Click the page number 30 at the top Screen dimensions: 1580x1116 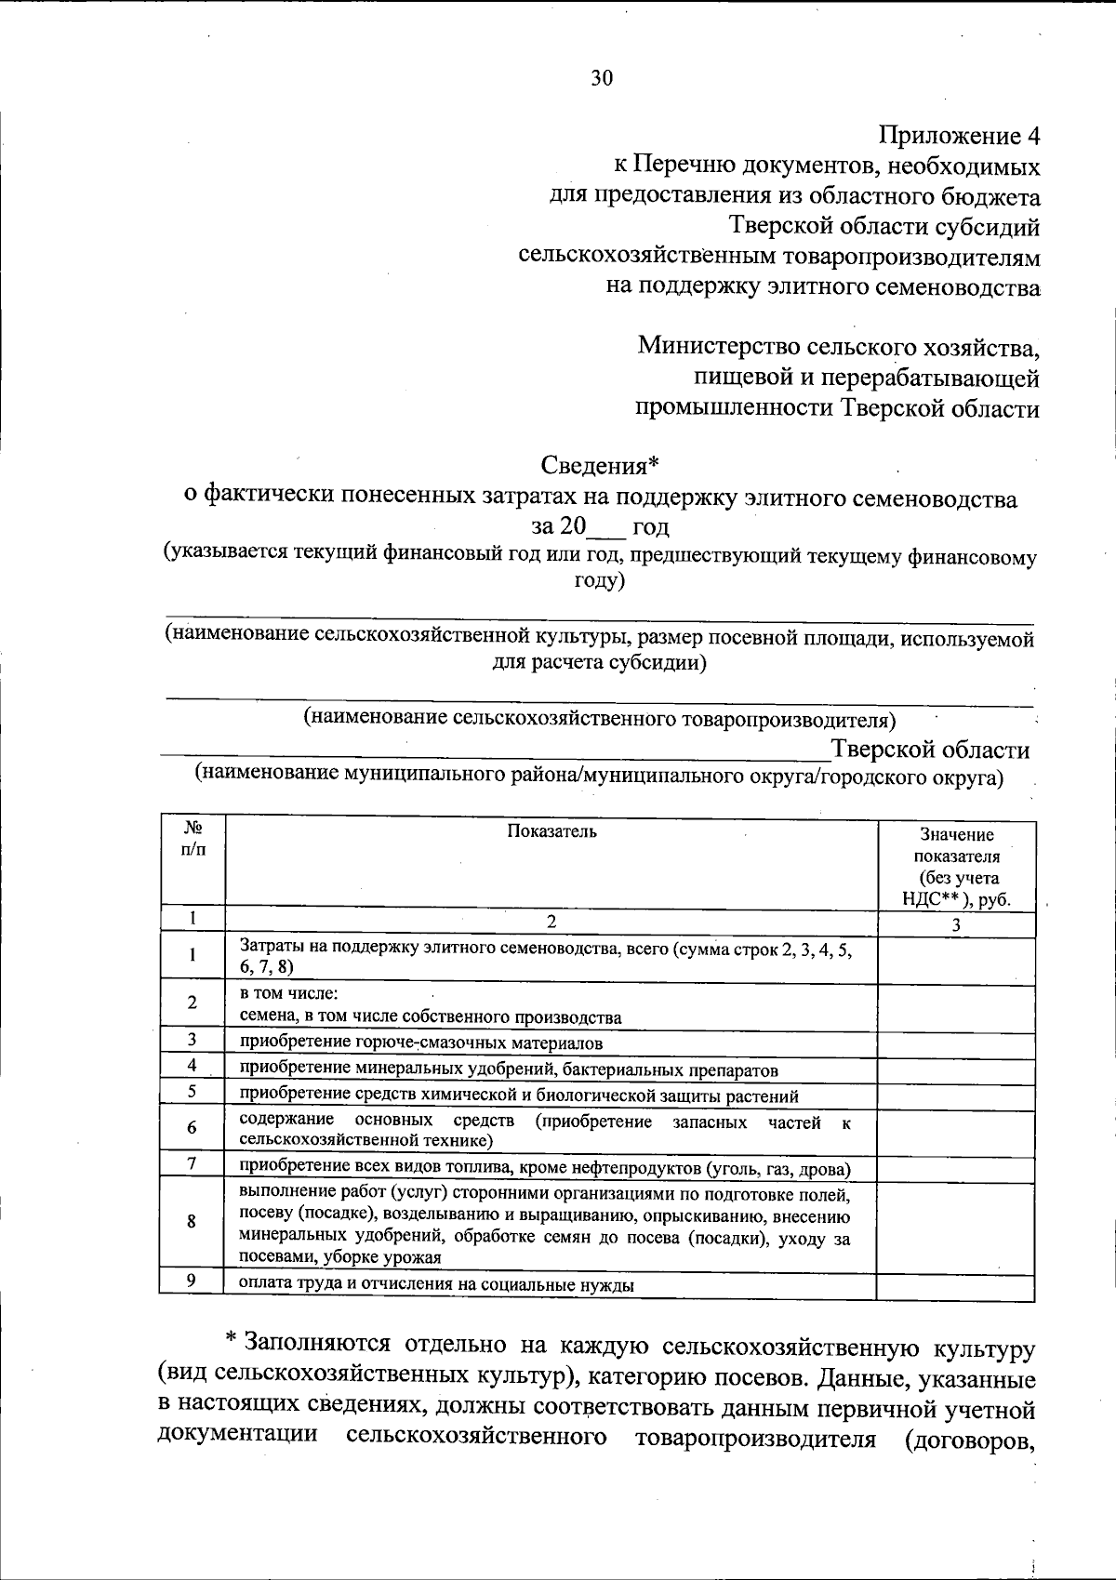pyautogui.click(x=602, y=78)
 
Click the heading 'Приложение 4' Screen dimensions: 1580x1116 pyautogui.click(x=959, y=137)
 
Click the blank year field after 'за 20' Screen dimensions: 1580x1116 pyautogui.click(x=609, y=527)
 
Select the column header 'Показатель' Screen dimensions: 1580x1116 pyautogui.click(x=551, y=831)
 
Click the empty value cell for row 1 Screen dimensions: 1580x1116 pyautogui.click(x=956, y=961)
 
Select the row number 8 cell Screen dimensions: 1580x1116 pyautogui.click(x=192, y=1222)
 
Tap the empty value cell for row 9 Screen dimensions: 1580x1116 pyautogui.click(x=956, y=1285)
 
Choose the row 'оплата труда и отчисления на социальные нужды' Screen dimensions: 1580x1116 pyautogui.click(x=437, y=1285)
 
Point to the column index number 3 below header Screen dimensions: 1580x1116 pyautogui.click(x=956, y=925)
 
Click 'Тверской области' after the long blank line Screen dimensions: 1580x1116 pyautogui.click(x=930, y=750)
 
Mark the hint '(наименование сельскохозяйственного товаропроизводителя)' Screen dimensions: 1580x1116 pyautogui.click(x=600, y=719)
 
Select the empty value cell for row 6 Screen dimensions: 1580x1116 pyautogui.click(x=956, y=1128)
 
